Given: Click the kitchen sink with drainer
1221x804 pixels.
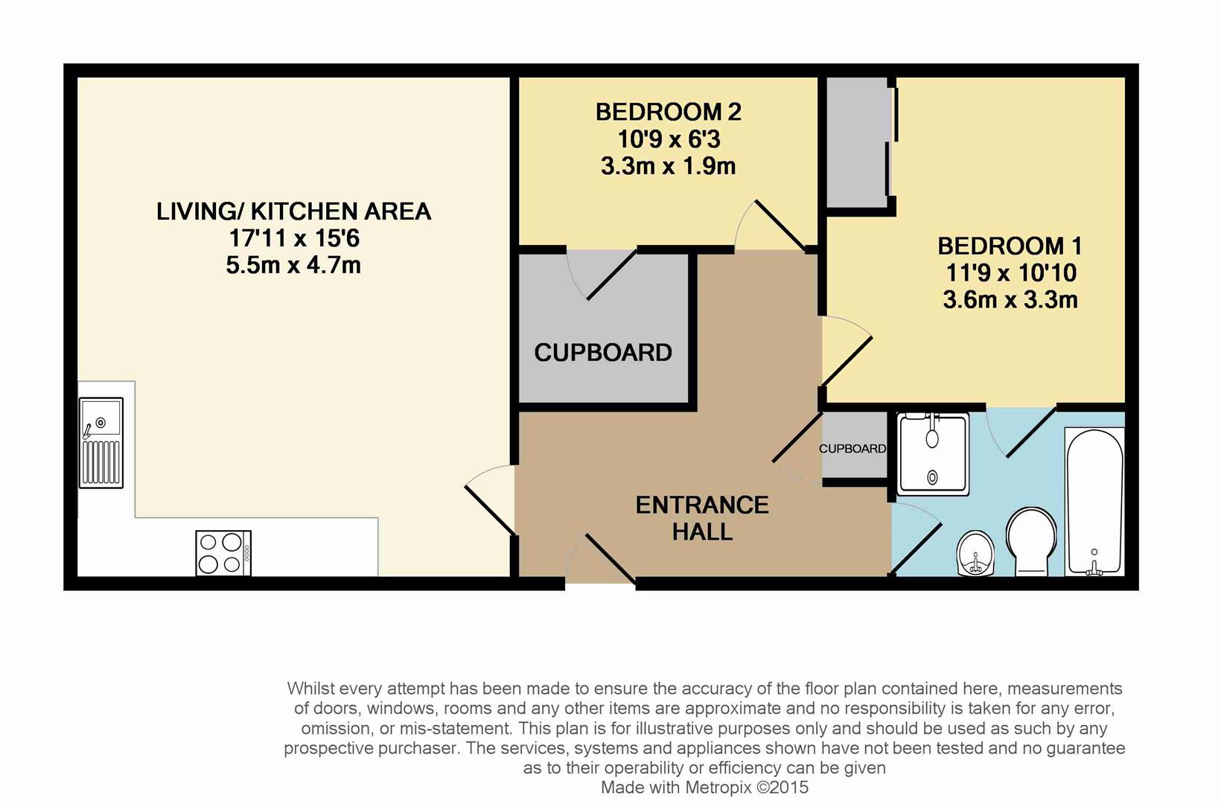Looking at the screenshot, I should pyautogui.click(x=101, y=443).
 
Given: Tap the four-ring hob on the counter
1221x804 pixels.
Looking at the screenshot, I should pyautogui.click(x=223, y=553).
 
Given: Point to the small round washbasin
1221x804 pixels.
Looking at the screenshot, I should pyautogui.click(x=976, y=554).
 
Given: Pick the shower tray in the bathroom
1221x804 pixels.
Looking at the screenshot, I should pyautogui.click(x=934, y=454).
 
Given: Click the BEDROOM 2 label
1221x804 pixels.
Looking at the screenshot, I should pyautogui.click(x=668, y=112).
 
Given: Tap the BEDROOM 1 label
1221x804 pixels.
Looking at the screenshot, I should pyautogui.click(x=1010, y=246).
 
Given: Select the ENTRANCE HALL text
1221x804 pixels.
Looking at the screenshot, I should pyautogui.click(x=702, y=518).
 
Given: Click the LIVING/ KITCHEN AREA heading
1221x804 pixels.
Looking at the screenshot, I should pyautogui.click(x=293, y=211).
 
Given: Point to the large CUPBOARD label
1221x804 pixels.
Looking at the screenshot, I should pyautogui.click(x=603, y=352).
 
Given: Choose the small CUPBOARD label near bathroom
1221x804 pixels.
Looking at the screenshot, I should pyautogui.click(x=852, y=448).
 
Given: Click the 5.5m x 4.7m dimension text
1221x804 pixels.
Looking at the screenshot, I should pyautogui.click(x=293, y=265).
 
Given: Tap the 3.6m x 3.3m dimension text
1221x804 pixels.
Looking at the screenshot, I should pyautogui.click(x=1010, y=300).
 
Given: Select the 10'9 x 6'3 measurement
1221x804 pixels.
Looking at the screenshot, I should pyautogui.click(x=668, y=139).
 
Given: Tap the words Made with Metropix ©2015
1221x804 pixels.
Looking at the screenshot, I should pyautogui.click(x=704, y=788).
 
